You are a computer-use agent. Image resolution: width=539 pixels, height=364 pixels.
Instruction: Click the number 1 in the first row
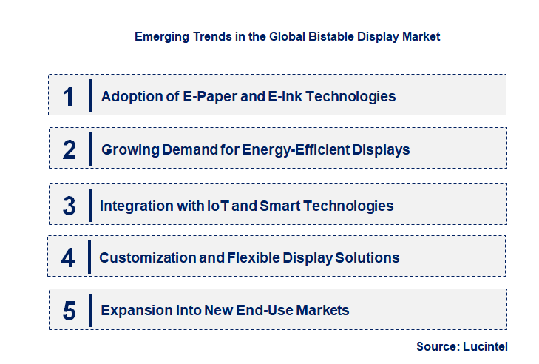pos(69,96)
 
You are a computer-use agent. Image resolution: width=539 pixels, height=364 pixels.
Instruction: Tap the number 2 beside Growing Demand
pos(70,150)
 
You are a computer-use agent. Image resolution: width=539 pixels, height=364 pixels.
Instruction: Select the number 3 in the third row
pos(69,206)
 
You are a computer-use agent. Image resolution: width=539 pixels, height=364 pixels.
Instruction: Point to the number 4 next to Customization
pos(68,257)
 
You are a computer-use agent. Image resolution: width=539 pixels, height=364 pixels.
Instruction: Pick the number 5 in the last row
pos(70,311)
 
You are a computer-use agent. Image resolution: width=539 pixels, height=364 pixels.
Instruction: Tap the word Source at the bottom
pos(436,346)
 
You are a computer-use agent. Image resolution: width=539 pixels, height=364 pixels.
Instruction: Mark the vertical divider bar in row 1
pos(89,95)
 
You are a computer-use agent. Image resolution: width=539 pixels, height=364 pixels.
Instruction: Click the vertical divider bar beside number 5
pos(89,310)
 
